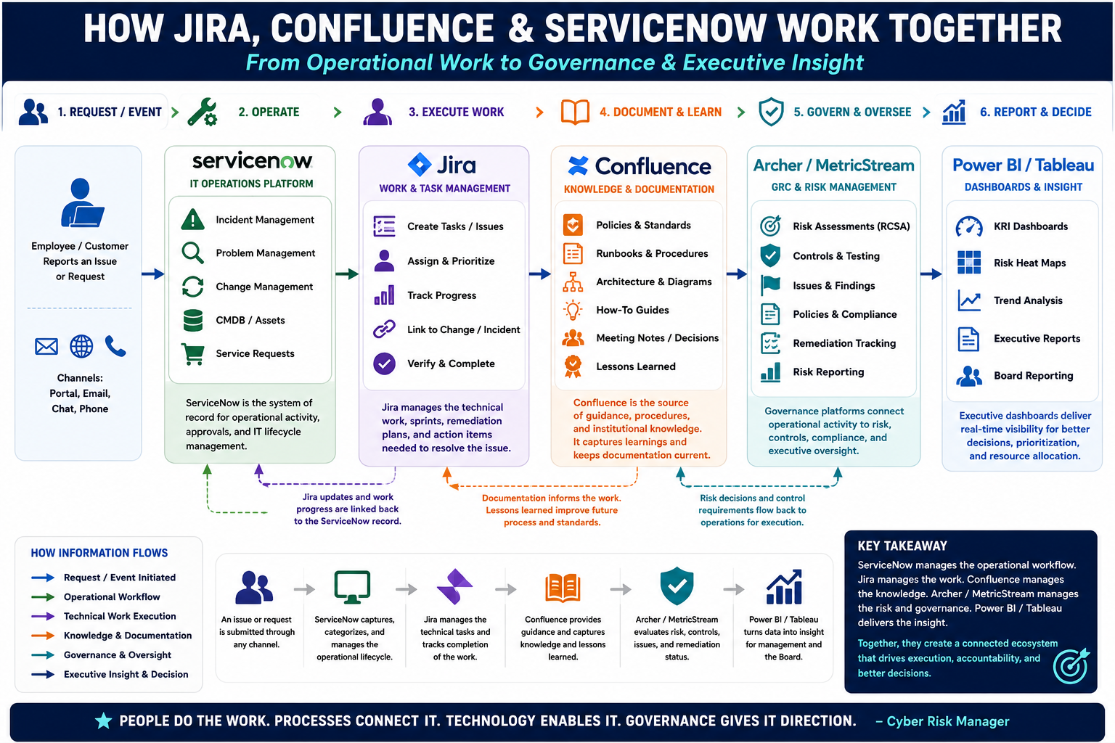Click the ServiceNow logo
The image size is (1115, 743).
pos(252,161)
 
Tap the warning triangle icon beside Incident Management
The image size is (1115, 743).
pos(192,219)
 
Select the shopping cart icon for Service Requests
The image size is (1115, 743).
pos(192,354)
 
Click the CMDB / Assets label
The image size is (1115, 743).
pos(250,320)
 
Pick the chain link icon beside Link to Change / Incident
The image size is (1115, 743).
pos(384,329)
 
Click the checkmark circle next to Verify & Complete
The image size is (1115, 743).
pos(384,364)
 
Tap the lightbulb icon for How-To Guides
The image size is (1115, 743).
pos(573,310)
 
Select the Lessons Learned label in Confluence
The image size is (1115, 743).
pos(636,366)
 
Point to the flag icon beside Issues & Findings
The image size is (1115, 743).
pos(770,285)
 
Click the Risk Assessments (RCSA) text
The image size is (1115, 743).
pos(851,226)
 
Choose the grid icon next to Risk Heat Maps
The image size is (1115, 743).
pos(968,262)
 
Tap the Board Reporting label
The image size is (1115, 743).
pos(1034,376)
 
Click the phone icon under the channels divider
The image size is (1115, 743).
pos(115,346)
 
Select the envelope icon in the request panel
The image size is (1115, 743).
pos(46,346)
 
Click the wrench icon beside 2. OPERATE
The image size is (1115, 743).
pos(202,112)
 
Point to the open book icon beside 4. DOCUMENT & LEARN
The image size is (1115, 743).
pos(575,112)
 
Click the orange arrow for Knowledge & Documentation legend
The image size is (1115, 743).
pos(43,636)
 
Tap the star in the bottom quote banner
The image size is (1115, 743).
pos(104,721)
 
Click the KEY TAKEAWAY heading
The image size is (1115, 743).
pos(902,546)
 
